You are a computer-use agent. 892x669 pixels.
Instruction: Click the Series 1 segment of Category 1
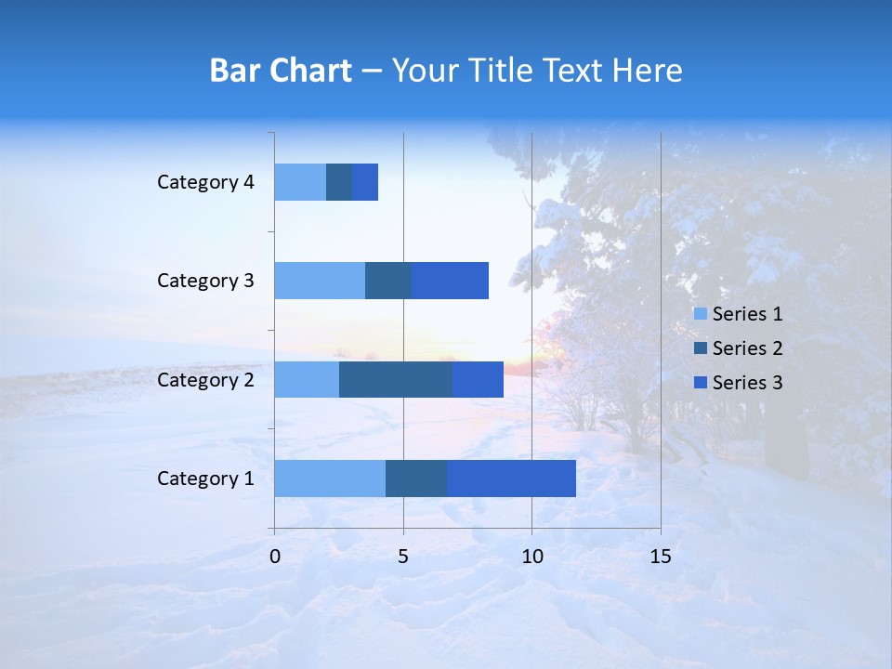pos(330,478)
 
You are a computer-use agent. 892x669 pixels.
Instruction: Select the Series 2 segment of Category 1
pos(416,478)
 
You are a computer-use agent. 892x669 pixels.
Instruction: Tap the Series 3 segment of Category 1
pos(511,478)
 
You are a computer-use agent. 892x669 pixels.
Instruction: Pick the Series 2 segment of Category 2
pos(396,379)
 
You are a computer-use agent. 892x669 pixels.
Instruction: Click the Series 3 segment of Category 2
pos(478,379)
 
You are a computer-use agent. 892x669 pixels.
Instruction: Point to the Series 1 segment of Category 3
pos(320,280)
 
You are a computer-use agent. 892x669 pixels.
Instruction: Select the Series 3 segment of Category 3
pos(450,280)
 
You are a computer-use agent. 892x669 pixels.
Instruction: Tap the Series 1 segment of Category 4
pos(300,181)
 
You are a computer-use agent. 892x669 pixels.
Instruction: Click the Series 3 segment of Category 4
pos(365,181)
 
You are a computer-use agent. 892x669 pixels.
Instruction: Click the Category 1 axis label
pos(205,479)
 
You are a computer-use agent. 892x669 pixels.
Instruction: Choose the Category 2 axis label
pos(205,379)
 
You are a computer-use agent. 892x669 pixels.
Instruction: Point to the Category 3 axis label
pos(205,280)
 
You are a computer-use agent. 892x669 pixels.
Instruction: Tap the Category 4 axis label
pos(205,182)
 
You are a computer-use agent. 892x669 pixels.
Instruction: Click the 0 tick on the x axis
pos(275,557)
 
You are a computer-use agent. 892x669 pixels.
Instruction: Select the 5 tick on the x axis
pos(403,557)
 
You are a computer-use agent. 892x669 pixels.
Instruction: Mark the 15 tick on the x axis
pos(660,557)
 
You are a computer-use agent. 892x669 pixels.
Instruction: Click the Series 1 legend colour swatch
pos(700,314)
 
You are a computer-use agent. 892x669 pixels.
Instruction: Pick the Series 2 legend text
pos(747,348)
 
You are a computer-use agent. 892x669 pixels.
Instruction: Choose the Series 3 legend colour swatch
pos(700,382)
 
